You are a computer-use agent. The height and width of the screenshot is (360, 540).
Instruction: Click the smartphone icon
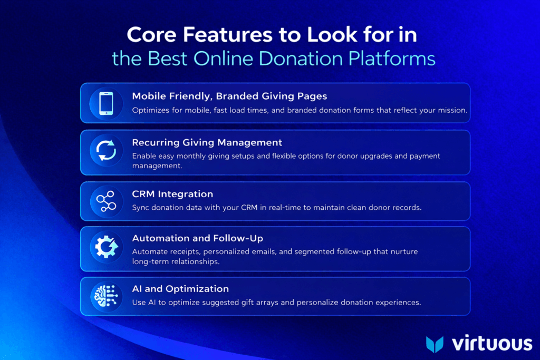point(106,103)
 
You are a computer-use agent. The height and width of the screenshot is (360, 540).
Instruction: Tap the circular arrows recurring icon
point(106,150)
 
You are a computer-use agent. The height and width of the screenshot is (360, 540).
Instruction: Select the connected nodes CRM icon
point(106,201)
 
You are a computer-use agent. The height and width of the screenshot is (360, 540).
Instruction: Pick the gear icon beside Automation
point(107,247)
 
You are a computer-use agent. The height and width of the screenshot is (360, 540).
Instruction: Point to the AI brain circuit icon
point(106,296)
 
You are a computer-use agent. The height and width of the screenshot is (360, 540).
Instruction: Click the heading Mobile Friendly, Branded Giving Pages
point(229,96)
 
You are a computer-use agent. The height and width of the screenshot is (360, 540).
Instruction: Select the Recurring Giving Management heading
point(207,142)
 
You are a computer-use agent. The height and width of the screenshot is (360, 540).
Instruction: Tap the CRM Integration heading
point(172,194)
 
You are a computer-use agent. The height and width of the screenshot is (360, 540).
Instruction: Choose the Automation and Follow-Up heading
point(197,238)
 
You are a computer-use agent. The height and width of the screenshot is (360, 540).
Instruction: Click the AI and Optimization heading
point(180,289)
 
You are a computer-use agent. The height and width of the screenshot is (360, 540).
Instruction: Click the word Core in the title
point(151,34)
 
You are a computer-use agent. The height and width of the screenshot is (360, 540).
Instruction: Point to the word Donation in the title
point(301,59)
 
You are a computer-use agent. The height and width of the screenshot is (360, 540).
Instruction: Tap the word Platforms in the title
point(392,59)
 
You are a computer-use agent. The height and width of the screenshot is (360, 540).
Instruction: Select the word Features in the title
point(228,34)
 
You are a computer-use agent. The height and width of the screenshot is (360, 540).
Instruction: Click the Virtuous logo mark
point(435,344)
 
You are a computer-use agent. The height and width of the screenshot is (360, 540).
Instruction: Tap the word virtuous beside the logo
point(492,344)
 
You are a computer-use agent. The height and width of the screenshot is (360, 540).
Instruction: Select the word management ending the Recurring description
point(157,166)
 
